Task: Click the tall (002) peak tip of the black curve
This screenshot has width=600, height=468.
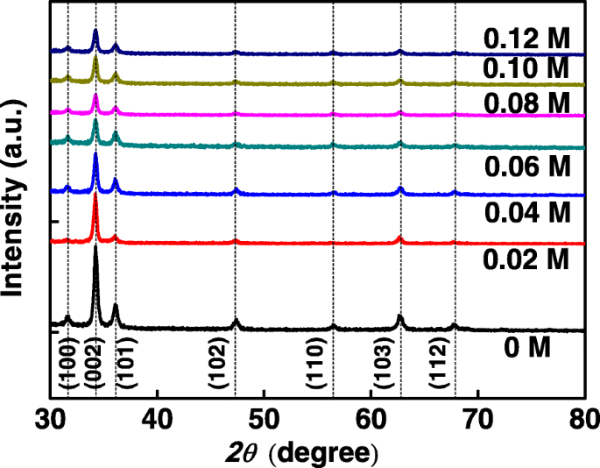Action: tap(95, 247)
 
